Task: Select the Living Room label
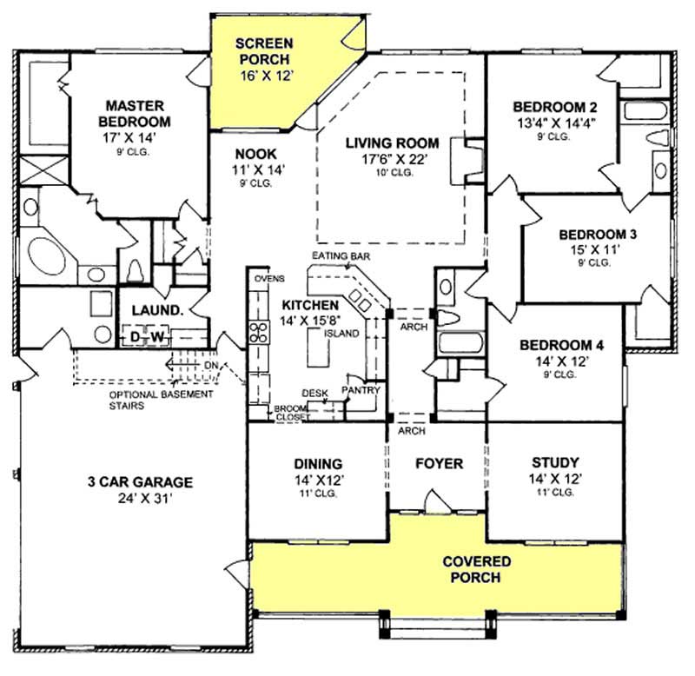coord(391,142)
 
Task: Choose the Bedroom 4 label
coord(560,344)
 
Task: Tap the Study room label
coord(554,463)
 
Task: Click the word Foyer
coord(438,464)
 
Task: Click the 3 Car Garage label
coord(139,483)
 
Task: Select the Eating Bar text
coord(342,256)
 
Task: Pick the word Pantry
coord(361,390)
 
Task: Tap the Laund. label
coord(156,310)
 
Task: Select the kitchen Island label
coord(336,333)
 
